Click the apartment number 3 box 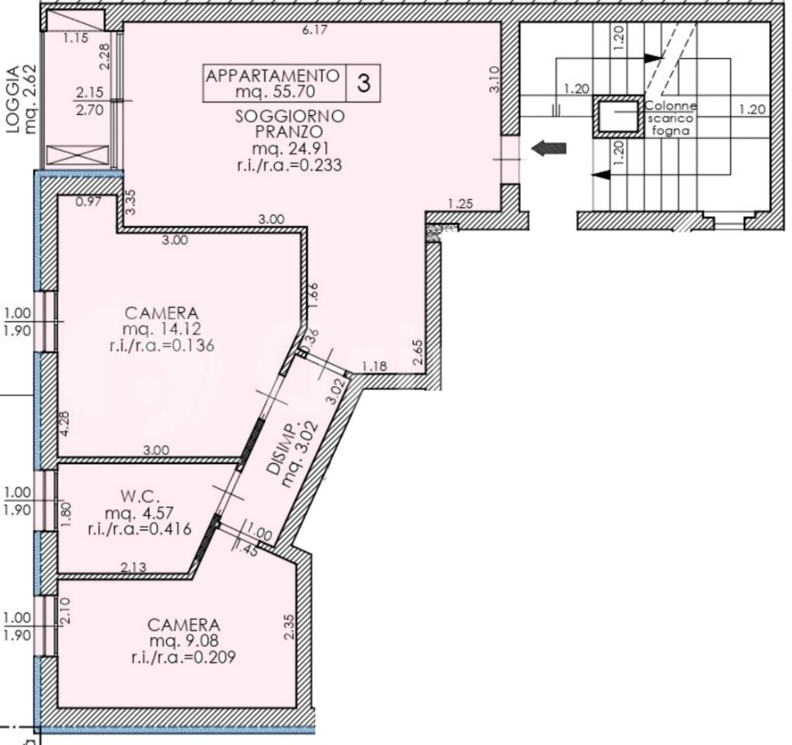(x=363, y=83)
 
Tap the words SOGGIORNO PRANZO (x=290, y=123)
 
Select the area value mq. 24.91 (x=290, y=149)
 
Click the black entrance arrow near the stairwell (x=548, y=148)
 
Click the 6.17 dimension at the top (x=314, y=29)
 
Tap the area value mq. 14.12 (x=162, y=329)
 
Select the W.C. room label (x=134, y=497)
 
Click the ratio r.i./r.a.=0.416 (x=140, y=529)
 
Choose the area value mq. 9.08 (x=184, y=641)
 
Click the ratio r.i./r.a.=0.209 (x=183, y=657)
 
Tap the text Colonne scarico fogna (x=671, y=119)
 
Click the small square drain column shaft (x=619, y=116)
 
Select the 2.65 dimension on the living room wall (x=418, y=352)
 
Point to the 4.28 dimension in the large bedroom (x=64, y=424)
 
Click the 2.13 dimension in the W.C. (x=134, y=567)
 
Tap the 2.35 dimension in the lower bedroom (x=289, y=626)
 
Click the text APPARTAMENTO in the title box (x=273, y=76)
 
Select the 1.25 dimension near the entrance (x=460, y=204)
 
